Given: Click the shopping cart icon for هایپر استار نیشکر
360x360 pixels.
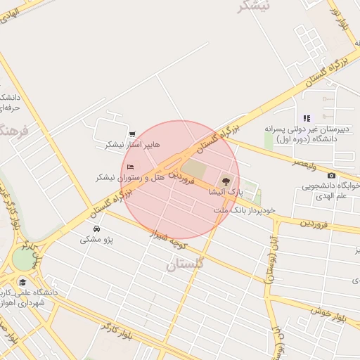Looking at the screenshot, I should [x=132, y=134].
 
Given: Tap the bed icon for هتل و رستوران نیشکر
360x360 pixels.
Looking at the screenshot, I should [x=131, y=167].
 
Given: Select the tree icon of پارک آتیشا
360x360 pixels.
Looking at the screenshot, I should [x=226, y=183].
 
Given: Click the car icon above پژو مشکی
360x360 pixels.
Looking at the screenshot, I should [x=96, y=229].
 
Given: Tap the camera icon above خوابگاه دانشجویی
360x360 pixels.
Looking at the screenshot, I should [x=331, y=175].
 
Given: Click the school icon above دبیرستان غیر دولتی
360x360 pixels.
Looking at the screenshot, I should [x=306, y=118].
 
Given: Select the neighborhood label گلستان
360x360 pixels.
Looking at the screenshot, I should [x=185, y=265].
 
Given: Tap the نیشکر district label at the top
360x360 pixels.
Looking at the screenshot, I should [x=254, y=6].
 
